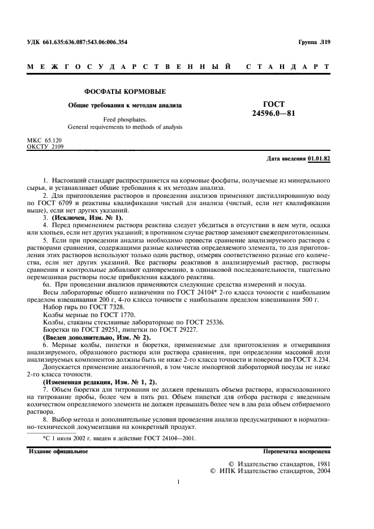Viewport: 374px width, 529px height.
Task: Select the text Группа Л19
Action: [313, 42]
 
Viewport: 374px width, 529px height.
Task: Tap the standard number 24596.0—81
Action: [274, 113]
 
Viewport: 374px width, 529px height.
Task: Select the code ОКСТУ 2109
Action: [46, 146]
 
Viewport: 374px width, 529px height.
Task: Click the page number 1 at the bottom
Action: [178, 482]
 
